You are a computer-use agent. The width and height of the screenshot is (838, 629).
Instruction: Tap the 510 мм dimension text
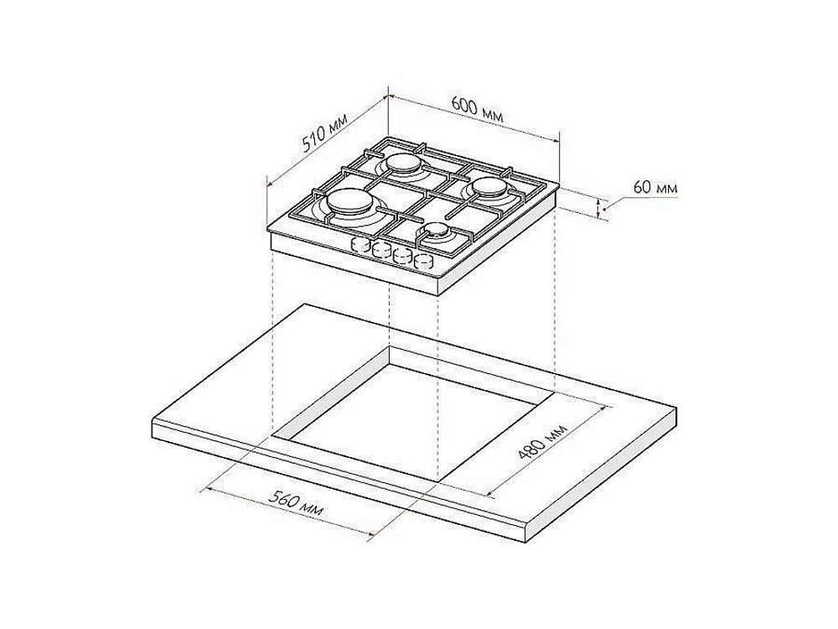coord(324,133)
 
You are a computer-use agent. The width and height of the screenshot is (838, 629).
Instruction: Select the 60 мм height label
coord(654,188)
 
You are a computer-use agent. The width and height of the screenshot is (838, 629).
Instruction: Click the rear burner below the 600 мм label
coord(405,161)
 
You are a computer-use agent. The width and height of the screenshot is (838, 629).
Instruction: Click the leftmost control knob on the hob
coord(360,246)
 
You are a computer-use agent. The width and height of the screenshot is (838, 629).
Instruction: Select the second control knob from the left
coord(381,250)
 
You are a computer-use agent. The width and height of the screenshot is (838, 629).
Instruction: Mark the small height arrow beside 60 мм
coord(599,208)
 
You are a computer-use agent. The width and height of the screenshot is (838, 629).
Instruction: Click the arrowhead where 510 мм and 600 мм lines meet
coord(387,95)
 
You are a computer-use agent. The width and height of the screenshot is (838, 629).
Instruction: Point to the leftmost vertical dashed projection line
coord(273,335)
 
